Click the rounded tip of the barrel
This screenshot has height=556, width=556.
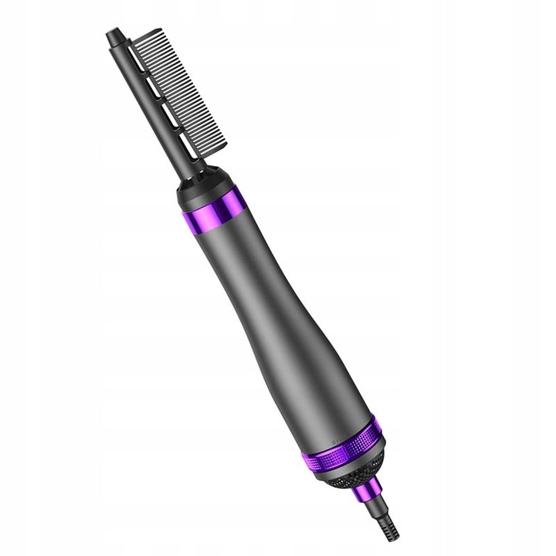click(113, 35)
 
